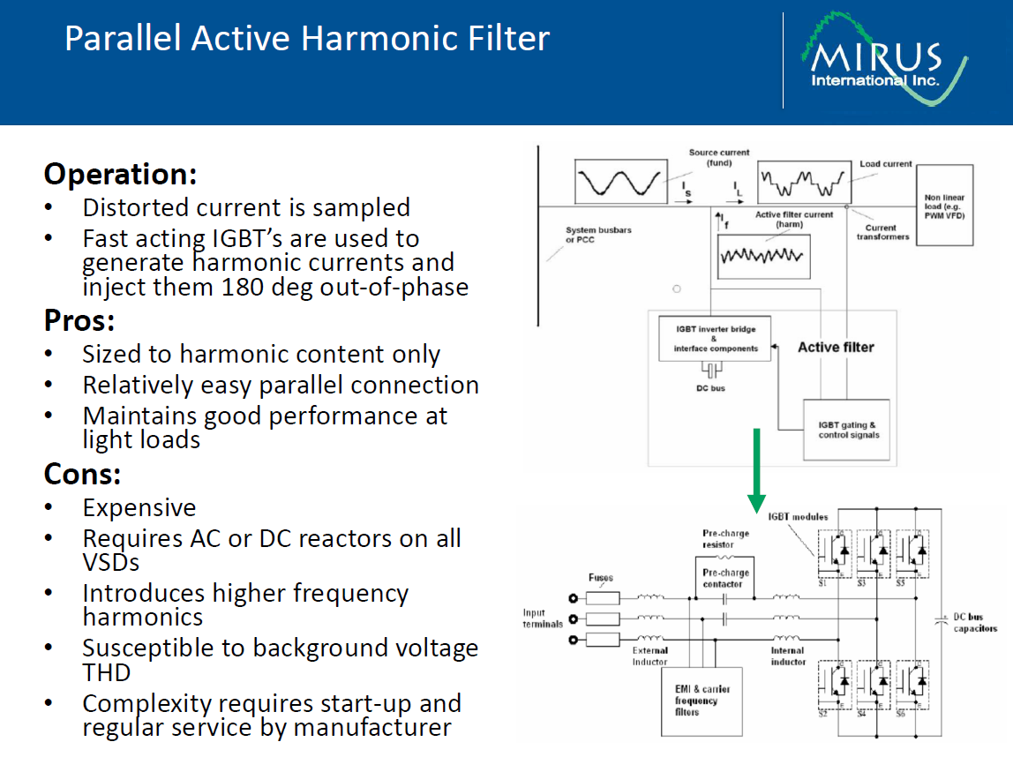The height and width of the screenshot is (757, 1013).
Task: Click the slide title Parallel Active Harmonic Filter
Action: [x=307, y=39]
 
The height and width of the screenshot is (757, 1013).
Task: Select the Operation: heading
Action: [x=120, y=174]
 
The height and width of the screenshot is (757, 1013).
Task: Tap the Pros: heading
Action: [x=79, y=320]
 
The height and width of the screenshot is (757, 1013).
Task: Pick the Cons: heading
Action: [x=82, y=475]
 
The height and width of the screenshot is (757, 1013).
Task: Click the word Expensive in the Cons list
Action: [x=139, y=508]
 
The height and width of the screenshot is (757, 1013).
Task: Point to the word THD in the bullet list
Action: [x=107, y=673]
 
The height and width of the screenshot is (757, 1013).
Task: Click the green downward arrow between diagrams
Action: [x=756, y=472]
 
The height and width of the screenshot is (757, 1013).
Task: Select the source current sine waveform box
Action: [x=620, y=182]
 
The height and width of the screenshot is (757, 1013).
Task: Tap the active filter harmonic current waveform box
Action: [x=763, y=257]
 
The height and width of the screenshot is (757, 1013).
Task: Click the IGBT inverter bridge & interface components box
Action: [x=714, y=338]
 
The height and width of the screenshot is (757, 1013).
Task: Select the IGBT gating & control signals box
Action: [x=847, y=430]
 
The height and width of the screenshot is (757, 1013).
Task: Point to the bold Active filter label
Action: [x=836, y=348]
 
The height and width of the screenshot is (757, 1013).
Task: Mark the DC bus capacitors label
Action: [x=974, y=623]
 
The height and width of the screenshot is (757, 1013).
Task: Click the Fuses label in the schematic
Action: [x=601, y=578]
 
